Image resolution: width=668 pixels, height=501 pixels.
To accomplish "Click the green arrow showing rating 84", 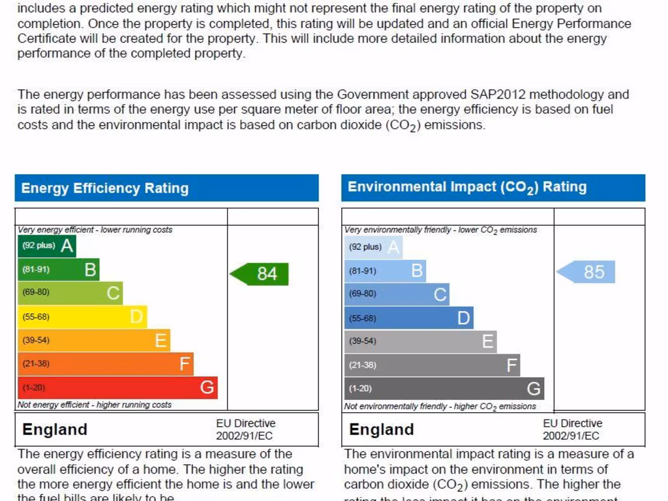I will coord(260,274).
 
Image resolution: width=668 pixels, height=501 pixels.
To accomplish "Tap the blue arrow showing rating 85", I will coord(587,272).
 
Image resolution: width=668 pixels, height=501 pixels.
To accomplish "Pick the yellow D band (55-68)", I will coord(82,317).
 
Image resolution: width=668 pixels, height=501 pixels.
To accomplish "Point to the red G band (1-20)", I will coord(117,387).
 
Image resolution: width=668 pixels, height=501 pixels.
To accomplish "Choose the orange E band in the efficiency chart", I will coord(94,341).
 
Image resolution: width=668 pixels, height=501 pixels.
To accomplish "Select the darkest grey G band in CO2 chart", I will coord(444,389).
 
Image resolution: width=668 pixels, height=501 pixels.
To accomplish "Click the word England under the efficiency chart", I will coord(55,430).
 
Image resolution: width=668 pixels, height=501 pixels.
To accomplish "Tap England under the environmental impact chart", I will coord(382,430).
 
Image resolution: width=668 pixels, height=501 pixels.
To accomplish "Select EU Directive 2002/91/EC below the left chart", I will coord(245,430).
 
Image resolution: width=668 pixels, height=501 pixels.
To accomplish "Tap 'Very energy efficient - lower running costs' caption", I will coord(95,230).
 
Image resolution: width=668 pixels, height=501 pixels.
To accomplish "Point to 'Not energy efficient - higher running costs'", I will coord(95,405).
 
